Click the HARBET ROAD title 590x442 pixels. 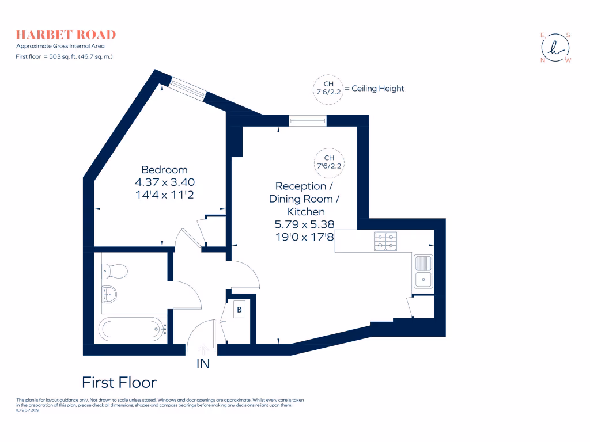[66, 35]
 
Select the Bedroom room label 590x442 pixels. [164, 170]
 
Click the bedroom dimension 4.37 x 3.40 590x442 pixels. [164, 182]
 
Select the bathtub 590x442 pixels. [131, 330]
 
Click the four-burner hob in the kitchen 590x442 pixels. [385, 241]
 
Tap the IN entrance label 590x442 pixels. [203, 364]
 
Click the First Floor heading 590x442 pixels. [119, 382]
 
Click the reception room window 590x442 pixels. [308, 120]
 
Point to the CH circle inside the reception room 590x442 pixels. [329, 162]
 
